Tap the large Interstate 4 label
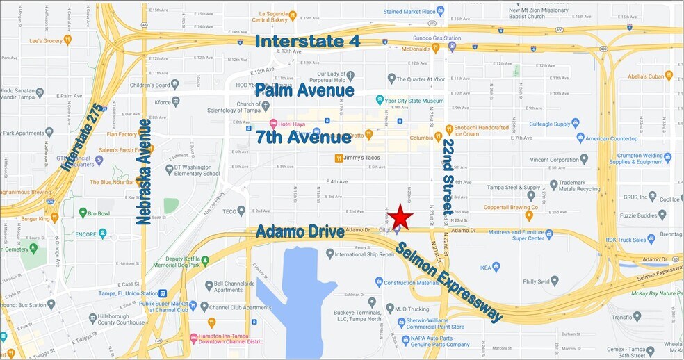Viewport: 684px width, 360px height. (307, 41)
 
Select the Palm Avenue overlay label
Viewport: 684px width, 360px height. (304, 90)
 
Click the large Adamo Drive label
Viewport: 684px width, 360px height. (300, 231)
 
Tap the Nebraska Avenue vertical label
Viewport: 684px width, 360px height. (144, 172)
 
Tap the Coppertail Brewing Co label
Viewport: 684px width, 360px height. (502, 207)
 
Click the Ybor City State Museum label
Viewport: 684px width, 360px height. (414, 101)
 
